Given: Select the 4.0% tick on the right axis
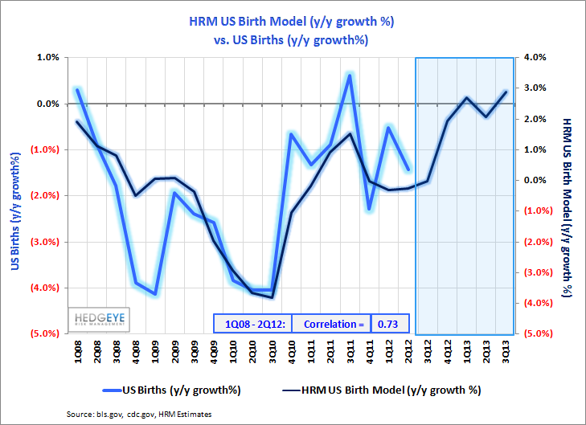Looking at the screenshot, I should click(535, 58).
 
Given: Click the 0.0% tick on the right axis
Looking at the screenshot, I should click(535, 180).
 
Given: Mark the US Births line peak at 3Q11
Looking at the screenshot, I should click(350, 75).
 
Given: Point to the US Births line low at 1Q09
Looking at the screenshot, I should click(155, 293).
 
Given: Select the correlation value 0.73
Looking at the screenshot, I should click(391, 323).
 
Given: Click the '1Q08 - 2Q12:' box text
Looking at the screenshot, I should click(251, 323).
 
